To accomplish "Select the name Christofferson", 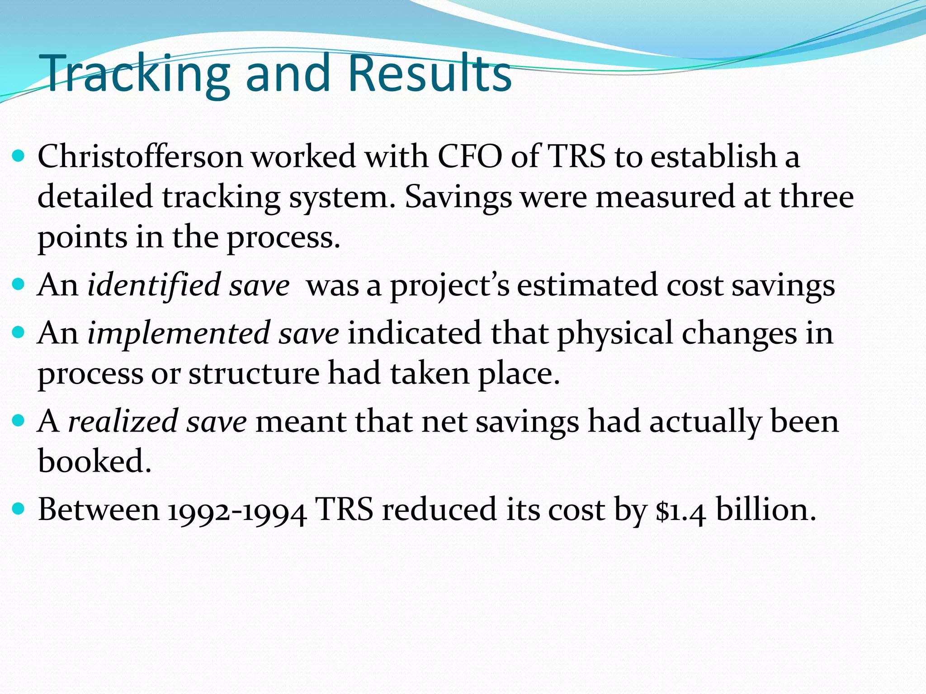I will click(x=140, y=157).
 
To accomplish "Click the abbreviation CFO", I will click(x=470, y=157).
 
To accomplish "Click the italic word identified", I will click(x=153, y=286).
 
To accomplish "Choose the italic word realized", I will click(x=123, y=422).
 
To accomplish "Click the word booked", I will click(x=94, y=461).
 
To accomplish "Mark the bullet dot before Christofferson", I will click(x=19, y=157).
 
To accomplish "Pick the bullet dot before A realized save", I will click(x=19, y=422).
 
